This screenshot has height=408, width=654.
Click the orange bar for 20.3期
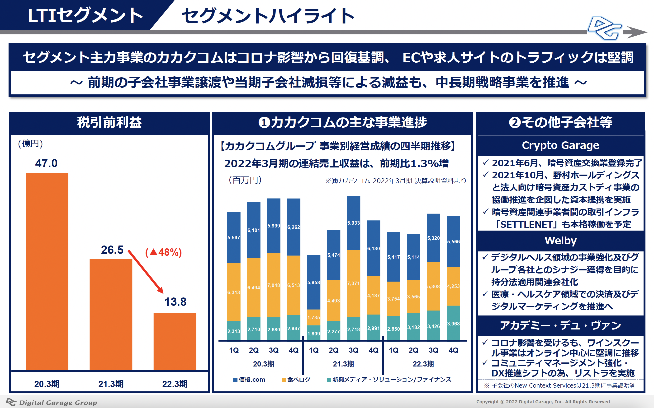click(x=47, y=271)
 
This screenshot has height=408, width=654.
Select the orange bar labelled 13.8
click(x=175, y=341)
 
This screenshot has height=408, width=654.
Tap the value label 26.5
click(x=112, y=250)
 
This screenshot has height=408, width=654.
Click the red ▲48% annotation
click(x=163, y=253)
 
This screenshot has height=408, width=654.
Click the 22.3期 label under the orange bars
click(x=175, y=384)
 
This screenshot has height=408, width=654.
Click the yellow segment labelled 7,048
click(x=274, y=285)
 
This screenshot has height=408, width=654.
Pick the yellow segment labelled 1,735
click(x=314, y=317)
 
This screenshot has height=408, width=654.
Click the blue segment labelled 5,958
click(x=314, y=282)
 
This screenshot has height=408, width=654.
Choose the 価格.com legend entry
click(x=249, y=380)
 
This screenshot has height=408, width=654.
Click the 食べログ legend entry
click(x=296, y=380)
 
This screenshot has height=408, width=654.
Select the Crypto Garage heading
click(x=560, y=145)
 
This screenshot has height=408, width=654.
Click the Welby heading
click(x=560, y=241)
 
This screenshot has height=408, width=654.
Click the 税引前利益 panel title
click(x=109, y=122)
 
